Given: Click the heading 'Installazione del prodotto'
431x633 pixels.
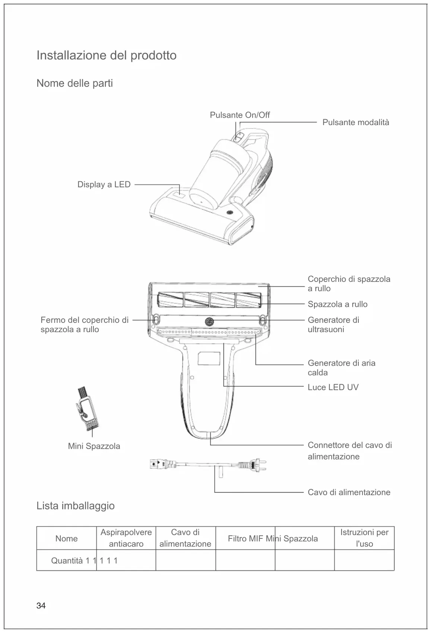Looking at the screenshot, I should pos(106,55).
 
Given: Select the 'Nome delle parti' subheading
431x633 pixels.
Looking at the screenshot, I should pos(75,83).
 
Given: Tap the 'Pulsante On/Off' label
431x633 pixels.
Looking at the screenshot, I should pos(240,115).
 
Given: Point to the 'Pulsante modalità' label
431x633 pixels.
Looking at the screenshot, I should pos(355,123).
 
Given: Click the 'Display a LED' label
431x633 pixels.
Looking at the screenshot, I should pos(104,185).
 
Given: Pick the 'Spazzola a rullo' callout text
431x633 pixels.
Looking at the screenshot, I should pos(337,304).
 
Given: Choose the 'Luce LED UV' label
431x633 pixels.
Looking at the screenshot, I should pos(333,387).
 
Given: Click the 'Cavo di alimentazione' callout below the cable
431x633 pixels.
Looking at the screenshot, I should pos(349,492).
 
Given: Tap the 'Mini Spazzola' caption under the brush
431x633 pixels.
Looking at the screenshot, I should pos(94,446).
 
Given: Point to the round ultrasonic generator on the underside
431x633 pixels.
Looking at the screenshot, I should pos(209,321).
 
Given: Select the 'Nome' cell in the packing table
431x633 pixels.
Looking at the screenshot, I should pos(66,538).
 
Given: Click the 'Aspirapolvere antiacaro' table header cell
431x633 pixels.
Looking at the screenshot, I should pos(126,538).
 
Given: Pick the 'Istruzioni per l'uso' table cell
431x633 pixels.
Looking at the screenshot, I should pos(364,538).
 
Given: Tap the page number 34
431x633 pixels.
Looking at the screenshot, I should pos(41,606).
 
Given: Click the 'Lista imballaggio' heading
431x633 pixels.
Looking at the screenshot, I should pos(75,506).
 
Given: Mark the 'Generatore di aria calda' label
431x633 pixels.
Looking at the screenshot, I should pos(341,368).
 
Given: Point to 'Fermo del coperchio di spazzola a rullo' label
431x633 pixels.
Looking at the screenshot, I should pos(84,325).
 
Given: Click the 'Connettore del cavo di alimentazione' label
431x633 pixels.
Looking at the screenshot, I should pos(349,451).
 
